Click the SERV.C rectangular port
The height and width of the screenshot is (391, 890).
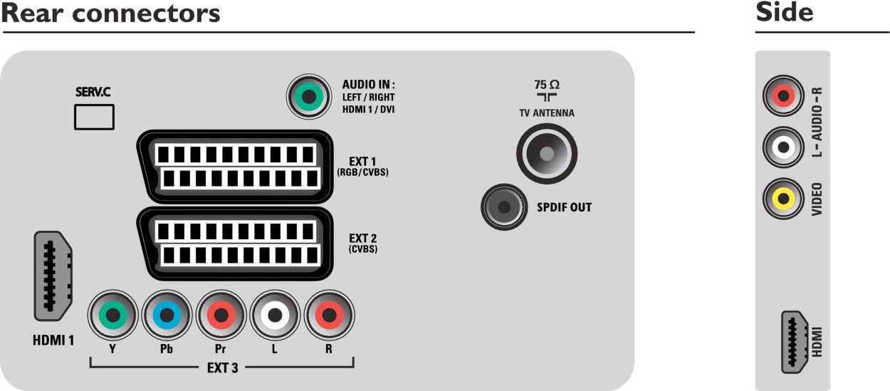click(94, 116)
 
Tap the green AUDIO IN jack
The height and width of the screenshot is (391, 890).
click(308, 96)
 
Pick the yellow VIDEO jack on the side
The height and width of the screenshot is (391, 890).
click(784, 199)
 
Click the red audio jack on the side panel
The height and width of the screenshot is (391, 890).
click(784, 96)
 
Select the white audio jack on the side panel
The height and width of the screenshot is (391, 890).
click(784, 147)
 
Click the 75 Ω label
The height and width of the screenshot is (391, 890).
click(547, 84)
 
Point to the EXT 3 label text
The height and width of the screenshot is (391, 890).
click(223, 367)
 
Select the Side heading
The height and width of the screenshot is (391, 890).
click(784, 13)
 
